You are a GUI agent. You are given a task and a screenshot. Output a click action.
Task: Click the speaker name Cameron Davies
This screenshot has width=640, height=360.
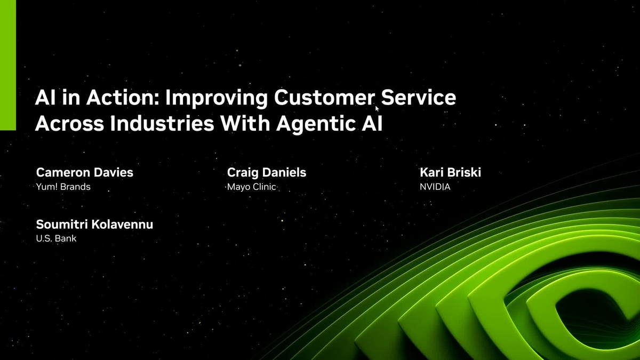(84, 172)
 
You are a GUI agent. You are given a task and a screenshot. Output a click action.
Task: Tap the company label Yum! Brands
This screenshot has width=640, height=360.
(63, 187)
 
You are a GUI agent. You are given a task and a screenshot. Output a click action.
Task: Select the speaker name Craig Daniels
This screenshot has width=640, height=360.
(267, 172)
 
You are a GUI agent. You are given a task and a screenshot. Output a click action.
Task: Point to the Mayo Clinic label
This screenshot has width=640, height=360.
(252, 187)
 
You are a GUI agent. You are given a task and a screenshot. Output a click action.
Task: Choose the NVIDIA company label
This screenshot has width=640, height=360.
(435, 187)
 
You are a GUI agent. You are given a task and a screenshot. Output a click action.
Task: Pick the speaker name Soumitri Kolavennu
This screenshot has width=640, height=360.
(94, 224)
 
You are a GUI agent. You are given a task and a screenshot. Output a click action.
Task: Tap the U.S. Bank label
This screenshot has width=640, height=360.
(56, 238)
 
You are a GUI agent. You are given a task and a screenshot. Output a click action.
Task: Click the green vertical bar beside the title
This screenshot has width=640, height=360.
(8, 65)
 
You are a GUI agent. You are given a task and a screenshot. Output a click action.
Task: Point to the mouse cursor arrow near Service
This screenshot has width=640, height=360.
(377, 108)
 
